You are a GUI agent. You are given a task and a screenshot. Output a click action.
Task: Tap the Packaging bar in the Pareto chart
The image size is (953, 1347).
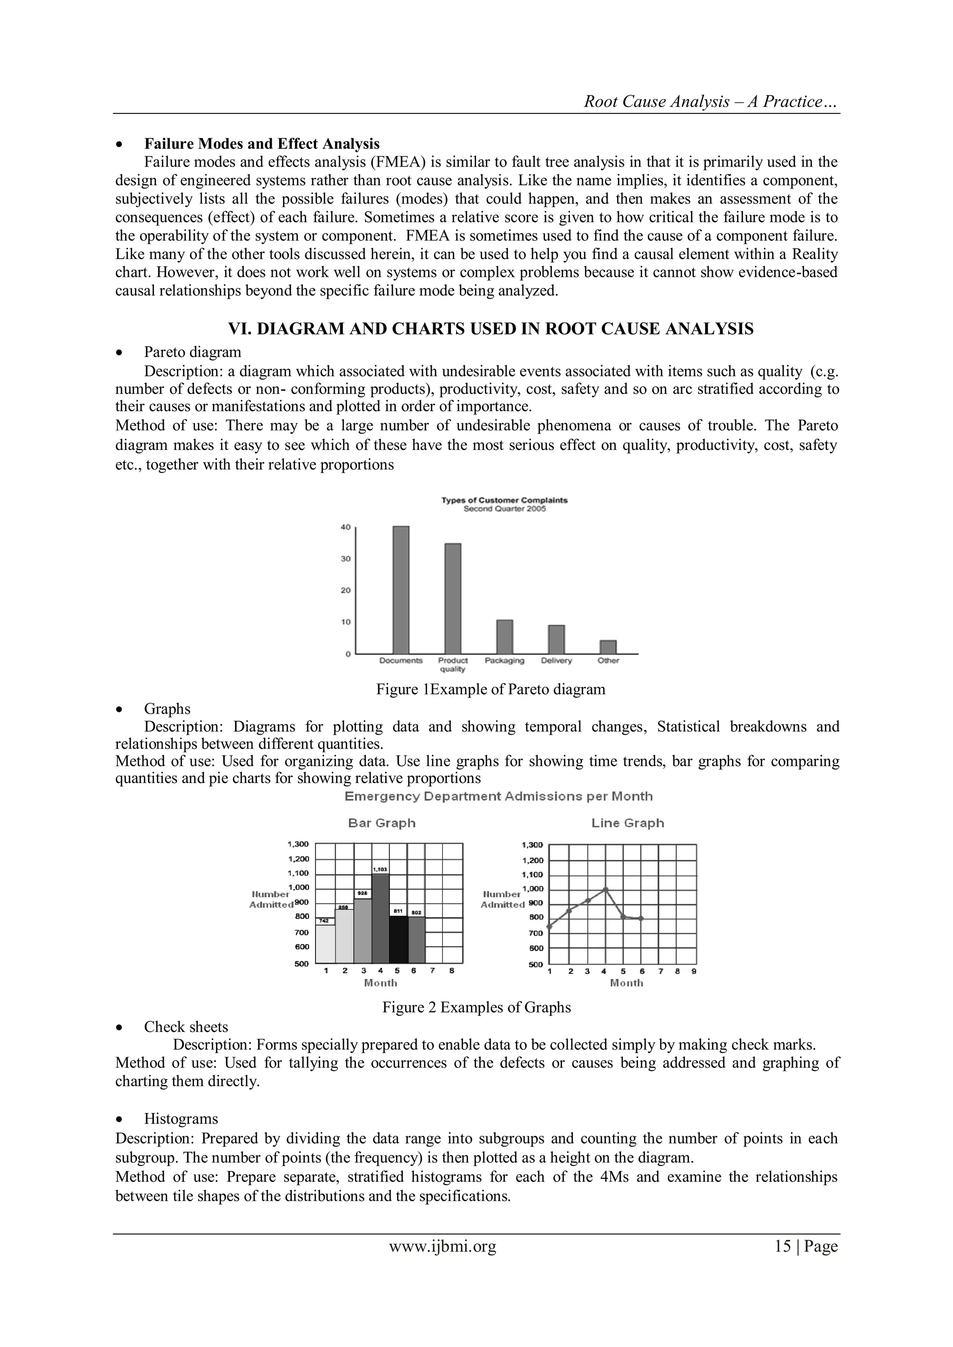point(505,637)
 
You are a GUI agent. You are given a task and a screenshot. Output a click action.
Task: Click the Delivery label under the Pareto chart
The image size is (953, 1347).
point(557,661)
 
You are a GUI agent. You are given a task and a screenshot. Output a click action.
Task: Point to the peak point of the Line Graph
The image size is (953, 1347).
point(605,890)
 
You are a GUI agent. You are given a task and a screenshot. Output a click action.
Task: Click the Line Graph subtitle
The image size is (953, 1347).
point(627,823)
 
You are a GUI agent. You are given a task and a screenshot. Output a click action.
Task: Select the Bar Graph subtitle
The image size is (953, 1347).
point(382,823)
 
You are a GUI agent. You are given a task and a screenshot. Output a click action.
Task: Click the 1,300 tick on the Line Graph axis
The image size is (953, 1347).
point(532,845)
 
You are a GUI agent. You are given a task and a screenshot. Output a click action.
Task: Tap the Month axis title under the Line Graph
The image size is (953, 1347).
point(626,983)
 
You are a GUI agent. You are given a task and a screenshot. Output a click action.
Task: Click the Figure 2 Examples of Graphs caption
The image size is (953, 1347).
point(476,1007)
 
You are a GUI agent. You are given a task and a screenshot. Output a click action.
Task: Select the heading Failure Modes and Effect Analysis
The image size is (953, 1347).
point(262,144)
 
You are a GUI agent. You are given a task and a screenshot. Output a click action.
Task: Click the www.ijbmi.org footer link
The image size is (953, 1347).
point(443,1246)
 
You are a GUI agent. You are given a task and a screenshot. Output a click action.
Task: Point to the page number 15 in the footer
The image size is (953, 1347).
point(783,1246)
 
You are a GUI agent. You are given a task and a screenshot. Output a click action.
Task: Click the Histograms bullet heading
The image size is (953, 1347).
point(181,1119)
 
